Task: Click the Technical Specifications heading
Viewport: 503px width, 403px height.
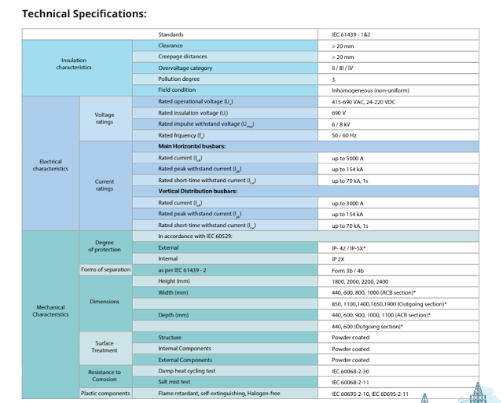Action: pyautogui.click(x=84, y=13)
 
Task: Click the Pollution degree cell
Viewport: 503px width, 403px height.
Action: pyautogui.click(x=179, y=79)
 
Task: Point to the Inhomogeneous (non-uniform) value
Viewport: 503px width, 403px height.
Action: pyautogui.click(x=370, y=90)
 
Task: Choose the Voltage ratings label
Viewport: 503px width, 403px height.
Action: pyautogui.click(x=105, y=119)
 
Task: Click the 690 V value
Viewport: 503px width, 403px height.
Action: pyautogui.click(x=340, y=113)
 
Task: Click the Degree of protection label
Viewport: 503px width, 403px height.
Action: pyautogui.click(x=105, y=247)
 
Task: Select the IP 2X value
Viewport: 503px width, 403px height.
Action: pyautogui.click(x=340, y=258)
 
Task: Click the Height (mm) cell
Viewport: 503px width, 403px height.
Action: pyautogui.click(x=177, y=280)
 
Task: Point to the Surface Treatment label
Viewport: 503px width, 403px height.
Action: pyautogui.click(x=105, y=348)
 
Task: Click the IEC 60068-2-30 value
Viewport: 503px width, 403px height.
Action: pyautogui.click(x=351, y=371)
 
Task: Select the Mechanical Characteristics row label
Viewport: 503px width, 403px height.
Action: pyautogui.click(x=50, y=310)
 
